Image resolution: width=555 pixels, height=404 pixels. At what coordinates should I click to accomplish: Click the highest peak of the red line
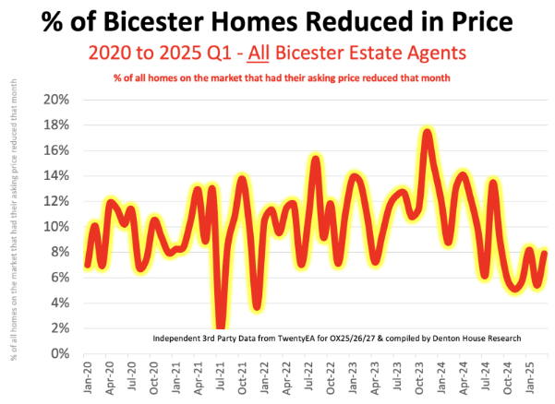[x=427, y=133]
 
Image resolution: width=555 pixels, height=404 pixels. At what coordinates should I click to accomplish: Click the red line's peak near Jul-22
[x=315, y=160]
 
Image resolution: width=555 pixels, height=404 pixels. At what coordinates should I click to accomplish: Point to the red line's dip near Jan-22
[x=257, y=306]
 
